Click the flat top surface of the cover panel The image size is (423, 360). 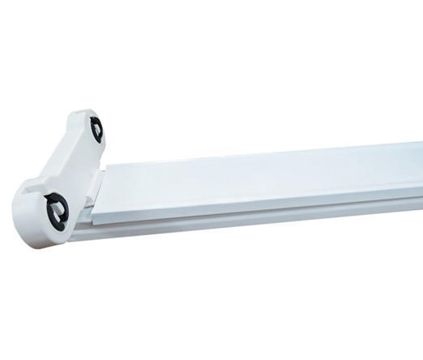(x=267, y=182)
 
